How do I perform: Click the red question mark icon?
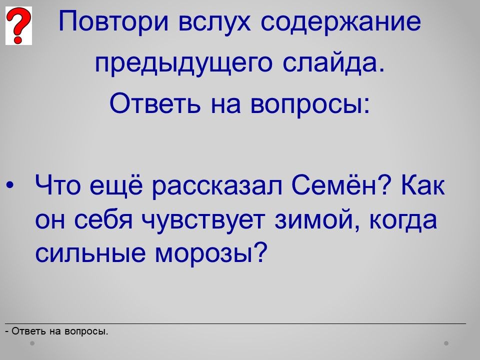pyautogui.click(x=18, y=25)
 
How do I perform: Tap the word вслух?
pyautogui.click(x=214, y=22)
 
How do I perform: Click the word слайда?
pyautogui.click(x=333, y=63)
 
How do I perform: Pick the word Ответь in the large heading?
pyautogui.click(x=155, y=103)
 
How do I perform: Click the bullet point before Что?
pyautogui.click(x=10, y=185)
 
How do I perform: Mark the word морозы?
pyautogui.click(x=209, y=253)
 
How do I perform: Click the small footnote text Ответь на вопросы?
pyautogui.click(x=56, y=331)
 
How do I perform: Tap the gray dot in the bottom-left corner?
pyautogui.click(x=32, y=343)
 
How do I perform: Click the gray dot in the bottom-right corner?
pyautogui.click(x=446, y=343)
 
